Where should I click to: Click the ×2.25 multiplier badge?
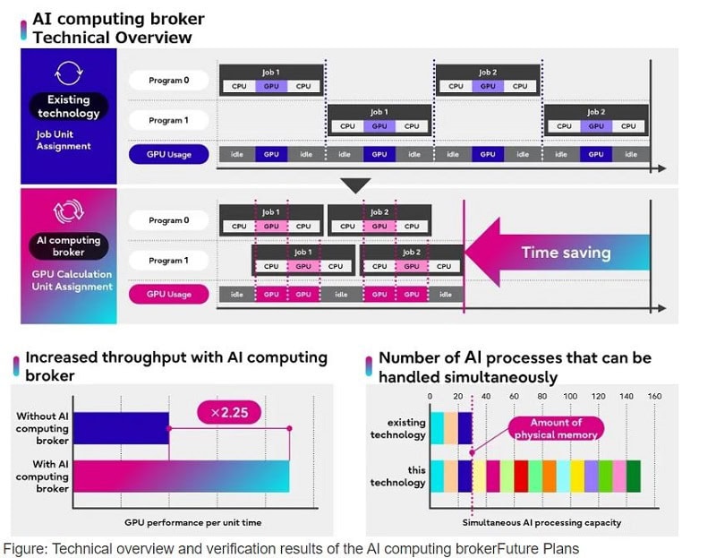(229, 412)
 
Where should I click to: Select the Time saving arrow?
(557, 253)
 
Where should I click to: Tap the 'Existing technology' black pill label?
(69, 107)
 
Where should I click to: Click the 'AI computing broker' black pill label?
(69, 246)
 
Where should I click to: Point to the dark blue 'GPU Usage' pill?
(168, 154)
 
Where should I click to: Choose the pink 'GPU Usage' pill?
(168, 295)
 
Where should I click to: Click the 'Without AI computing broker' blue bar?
(121, 428)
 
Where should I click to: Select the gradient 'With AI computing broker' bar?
(182, 476)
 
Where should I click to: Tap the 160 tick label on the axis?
(654, 396)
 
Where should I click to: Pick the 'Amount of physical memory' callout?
(556, 428)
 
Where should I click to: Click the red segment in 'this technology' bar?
(521, 476)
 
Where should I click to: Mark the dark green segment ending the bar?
(634, 476)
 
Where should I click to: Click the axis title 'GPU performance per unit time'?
(192, 522)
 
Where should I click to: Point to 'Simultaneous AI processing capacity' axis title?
(541, 522)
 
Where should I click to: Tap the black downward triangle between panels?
(355, 185)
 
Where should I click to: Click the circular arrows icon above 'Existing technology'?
(69, 73)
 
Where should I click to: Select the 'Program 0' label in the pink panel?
(168, 220)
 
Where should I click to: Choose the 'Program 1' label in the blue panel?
(168, 120)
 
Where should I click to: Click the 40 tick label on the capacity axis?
(486, 396)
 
